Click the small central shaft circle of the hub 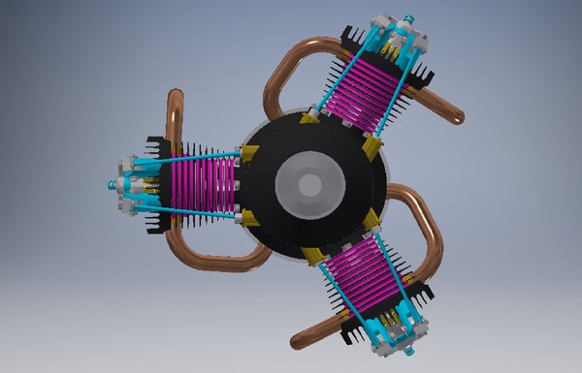pos(309,185)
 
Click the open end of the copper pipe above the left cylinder pos(176,95)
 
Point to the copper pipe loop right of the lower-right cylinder pos(427,233)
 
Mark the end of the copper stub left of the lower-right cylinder pos(297,340)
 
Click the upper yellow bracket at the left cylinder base pos(248,153)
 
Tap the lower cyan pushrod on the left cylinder pos(194,212)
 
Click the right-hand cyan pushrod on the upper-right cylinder pos(398,92)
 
